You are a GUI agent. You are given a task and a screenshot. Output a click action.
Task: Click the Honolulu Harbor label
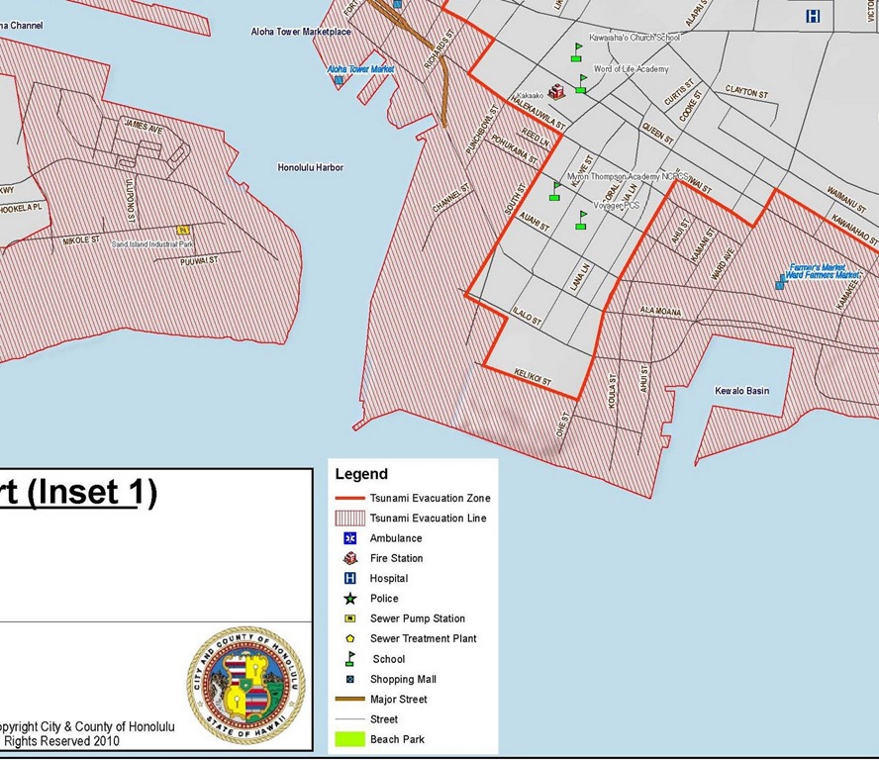[310, 167]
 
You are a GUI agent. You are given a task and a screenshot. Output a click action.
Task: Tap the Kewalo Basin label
[741, 391]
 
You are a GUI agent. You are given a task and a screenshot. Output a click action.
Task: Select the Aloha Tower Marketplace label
[301, 32]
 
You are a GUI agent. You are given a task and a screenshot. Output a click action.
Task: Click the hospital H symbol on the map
[813, 16]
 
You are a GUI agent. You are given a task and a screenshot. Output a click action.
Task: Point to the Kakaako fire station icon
[556, 91]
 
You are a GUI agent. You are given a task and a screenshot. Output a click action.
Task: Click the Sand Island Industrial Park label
[152, 243]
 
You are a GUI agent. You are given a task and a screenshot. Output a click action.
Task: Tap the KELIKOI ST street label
[533, 377]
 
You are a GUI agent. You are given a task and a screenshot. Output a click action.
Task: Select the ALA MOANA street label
[661, 312]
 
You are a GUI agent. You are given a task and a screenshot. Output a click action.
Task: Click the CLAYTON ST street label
[746, 91]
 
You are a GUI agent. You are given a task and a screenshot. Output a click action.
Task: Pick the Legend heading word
[361, 474]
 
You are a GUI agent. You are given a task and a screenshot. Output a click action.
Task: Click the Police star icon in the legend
[349, 599]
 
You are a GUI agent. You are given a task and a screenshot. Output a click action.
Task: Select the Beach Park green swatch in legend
[349, 739]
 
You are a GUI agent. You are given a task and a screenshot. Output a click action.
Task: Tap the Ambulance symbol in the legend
[349, 538]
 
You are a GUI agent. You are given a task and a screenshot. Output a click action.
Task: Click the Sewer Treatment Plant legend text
[423, 638]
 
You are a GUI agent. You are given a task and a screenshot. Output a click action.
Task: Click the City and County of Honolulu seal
[246, 685]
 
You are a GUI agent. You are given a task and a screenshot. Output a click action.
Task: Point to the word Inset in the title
[85, 492]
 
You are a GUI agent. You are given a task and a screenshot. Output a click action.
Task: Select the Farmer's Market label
[818, 266]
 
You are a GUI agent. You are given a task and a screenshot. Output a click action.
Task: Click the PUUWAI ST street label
[199, 261]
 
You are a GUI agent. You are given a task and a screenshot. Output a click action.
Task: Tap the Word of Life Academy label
[631, 69]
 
